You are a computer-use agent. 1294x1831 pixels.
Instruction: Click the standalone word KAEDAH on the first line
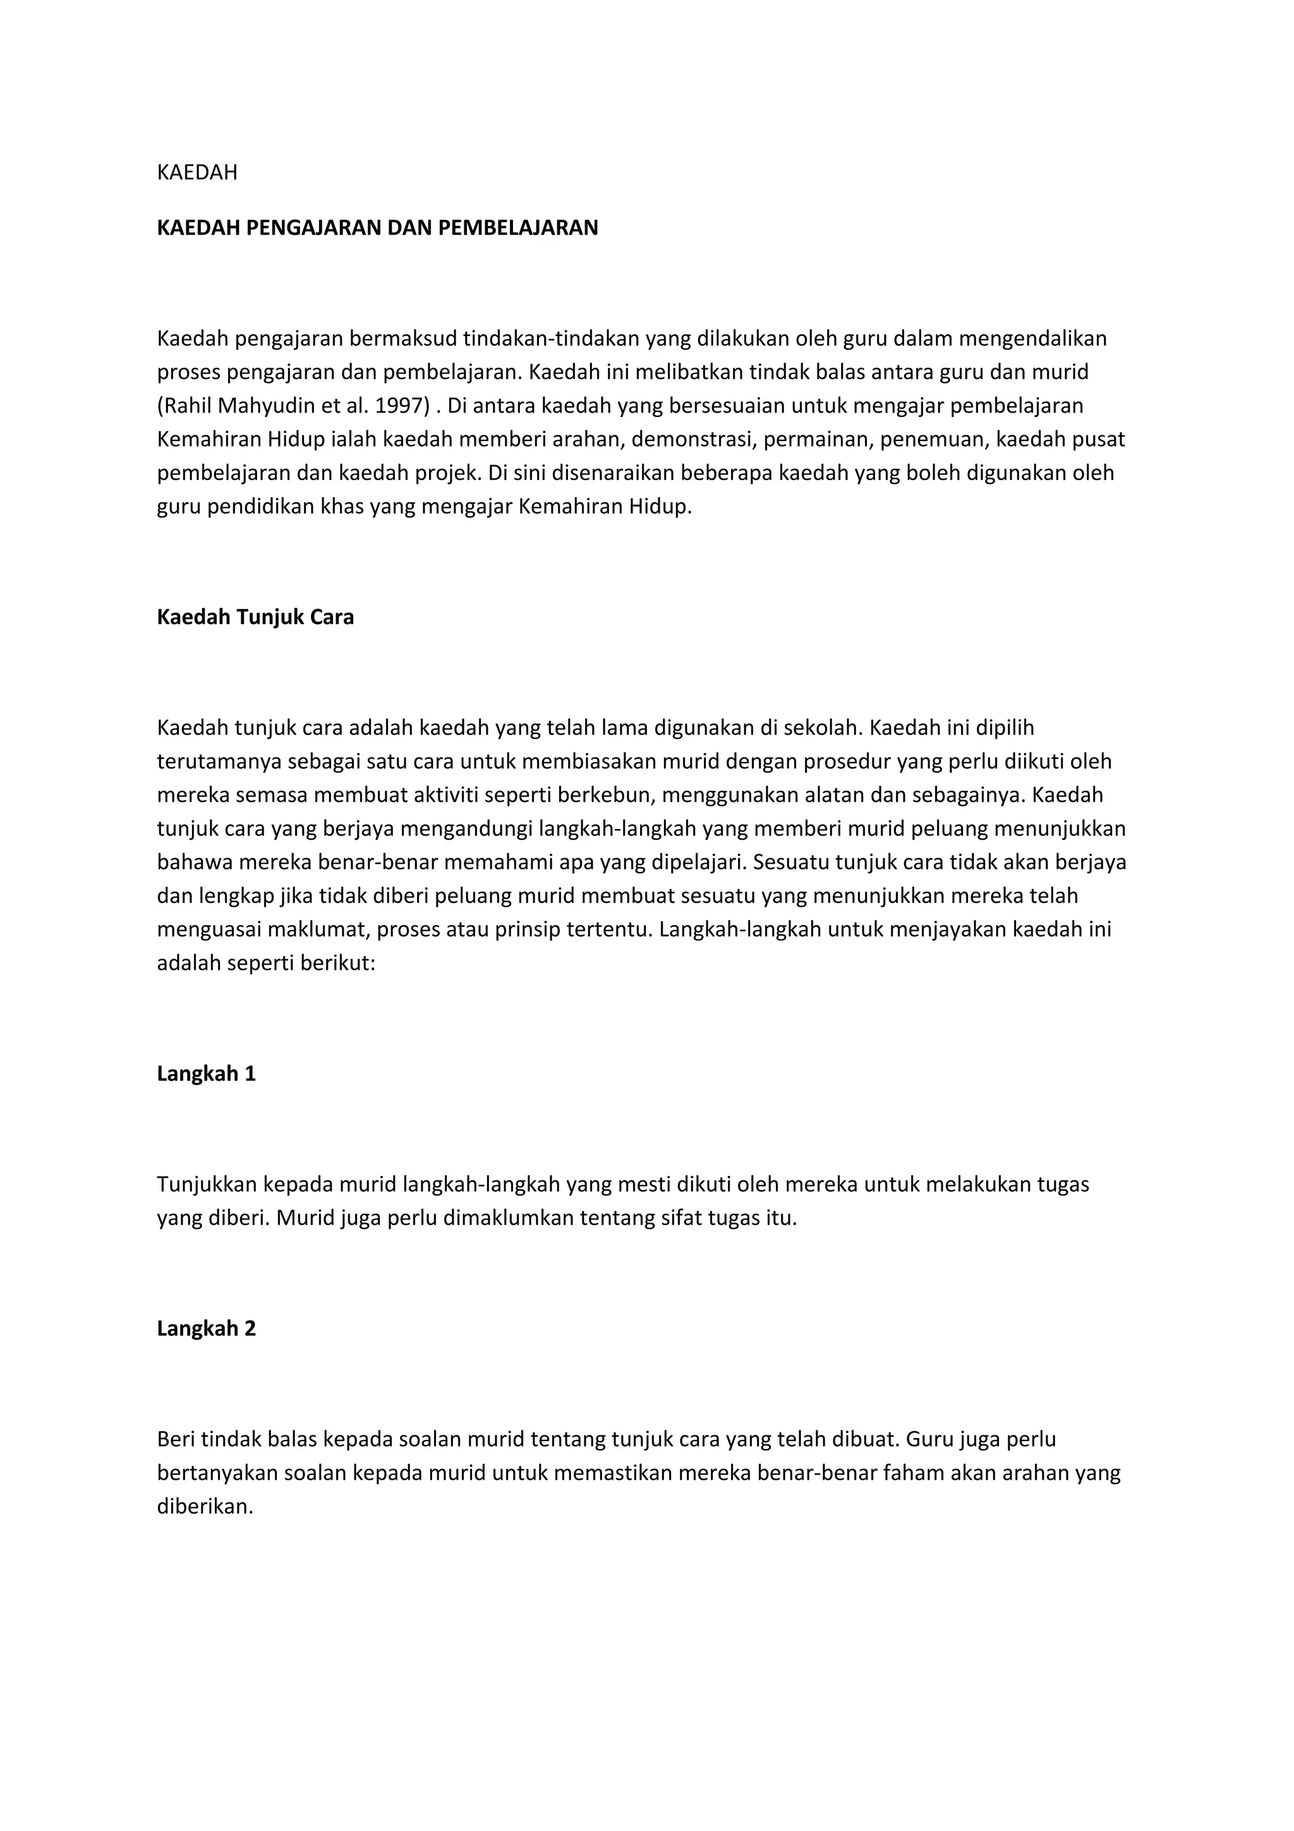coord(197,173)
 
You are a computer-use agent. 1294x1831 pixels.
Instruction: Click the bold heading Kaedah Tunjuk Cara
coord(255,617)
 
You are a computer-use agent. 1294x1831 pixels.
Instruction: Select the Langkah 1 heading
coord(207,1074)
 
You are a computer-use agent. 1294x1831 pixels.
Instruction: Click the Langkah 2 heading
coord(207,1329)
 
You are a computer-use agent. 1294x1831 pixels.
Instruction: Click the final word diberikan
coord(205,1508)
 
